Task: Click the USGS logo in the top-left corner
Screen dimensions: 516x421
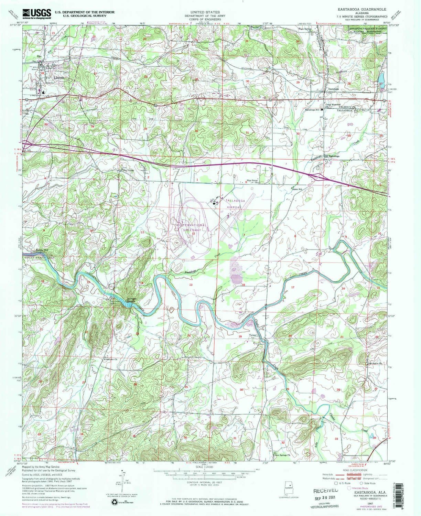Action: coord(37,13)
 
